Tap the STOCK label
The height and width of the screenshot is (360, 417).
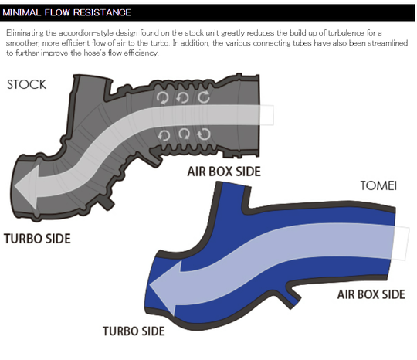[27, 83]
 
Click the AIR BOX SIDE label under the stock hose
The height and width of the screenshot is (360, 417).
[223, 171]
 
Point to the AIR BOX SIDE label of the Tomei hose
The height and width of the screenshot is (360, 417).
[371, 294]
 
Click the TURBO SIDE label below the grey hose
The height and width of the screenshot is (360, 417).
[37, 239]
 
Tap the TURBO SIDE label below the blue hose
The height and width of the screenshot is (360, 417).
[134, 331]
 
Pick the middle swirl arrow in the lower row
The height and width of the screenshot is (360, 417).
[184, 134]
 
